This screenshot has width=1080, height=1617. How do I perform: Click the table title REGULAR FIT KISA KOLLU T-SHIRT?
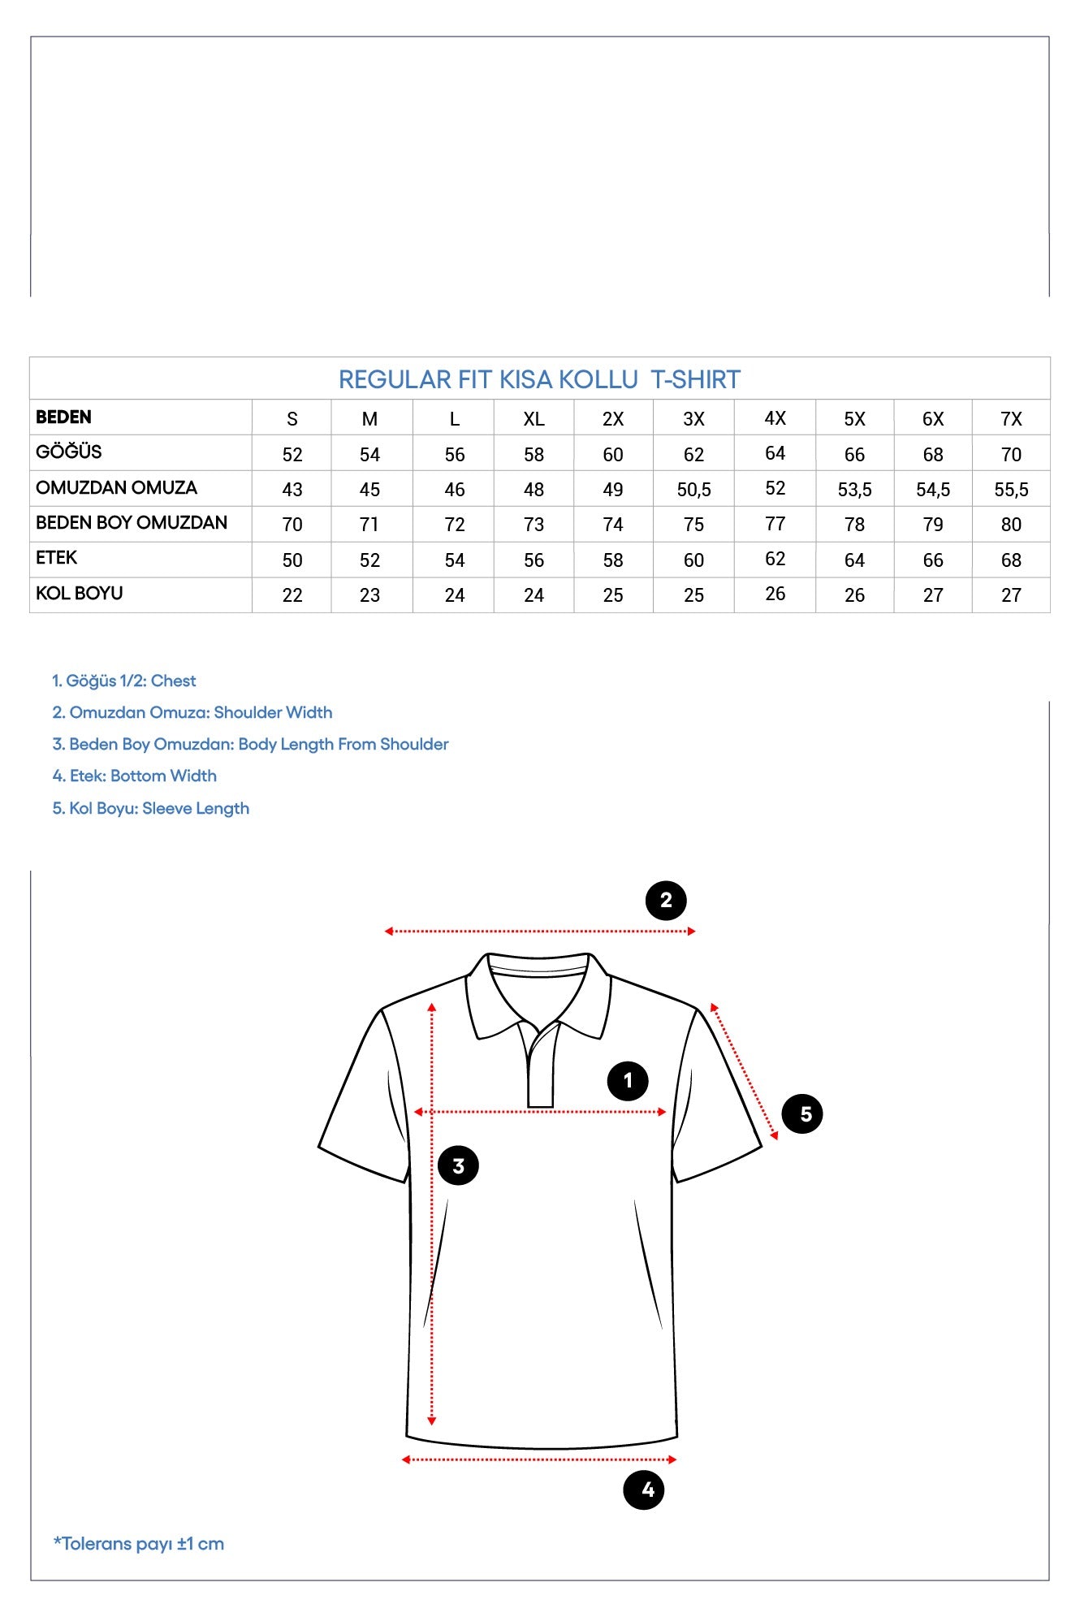click(539, 379)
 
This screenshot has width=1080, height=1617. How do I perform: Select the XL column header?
click(534, 419)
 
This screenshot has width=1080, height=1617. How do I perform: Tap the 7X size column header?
click(1011, 419)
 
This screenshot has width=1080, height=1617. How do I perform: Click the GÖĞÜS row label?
click(69, 452)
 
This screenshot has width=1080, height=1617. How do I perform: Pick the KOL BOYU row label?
click(80, 594)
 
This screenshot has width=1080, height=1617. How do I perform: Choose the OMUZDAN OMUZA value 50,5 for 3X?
click(693, 490)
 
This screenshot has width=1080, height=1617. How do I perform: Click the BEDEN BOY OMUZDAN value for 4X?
click(775, 524)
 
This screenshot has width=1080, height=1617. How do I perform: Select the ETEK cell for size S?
click(292, 560)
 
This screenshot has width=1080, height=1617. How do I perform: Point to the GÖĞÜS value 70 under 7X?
click(1011, 455)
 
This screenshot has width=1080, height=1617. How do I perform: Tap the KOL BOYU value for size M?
click(369, 595)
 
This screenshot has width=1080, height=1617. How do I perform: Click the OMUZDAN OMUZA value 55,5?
click(1011, 490)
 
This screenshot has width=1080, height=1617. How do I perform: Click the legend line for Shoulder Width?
click(192, 712)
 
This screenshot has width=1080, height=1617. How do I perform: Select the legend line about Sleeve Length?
click(151, 808)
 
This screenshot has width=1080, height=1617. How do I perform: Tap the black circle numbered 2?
click(666, 901)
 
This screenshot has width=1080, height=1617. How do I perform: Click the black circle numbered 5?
click(802, 1114)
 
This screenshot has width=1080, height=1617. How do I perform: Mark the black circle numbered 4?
click(644, 1489)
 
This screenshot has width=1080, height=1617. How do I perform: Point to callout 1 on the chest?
click(628, 1081)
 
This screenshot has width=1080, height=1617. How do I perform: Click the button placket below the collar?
click(541, 1072)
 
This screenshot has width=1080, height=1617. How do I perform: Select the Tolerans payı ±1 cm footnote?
click(139, 1544)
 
